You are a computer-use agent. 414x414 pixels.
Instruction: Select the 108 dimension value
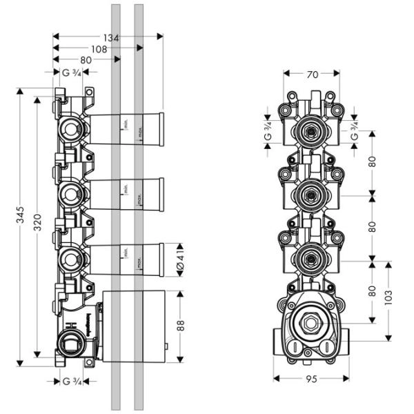point(98,50)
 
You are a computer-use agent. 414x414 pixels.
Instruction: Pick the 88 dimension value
point(181,326)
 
